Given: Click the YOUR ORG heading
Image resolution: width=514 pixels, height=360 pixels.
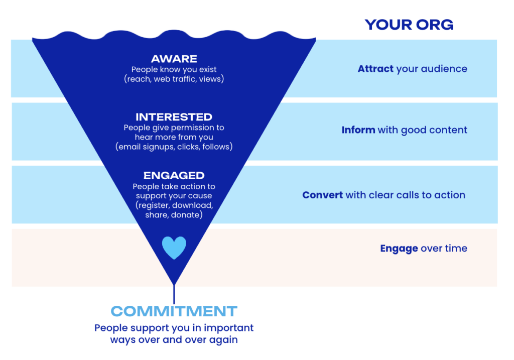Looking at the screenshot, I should [409, 25].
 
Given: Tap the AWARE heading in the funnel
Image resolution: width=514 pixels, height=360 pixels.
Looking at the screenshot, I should [174, 59].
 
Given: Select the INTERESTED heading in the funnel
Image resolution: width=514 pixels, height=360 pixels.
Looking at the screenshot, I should [174, 117].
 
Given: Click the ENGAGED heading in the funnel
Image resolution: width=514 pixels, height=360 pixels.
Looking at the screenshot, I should [174, 176].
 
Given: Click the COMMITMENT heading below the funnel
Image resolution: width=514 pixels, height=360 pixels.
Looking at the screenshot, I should [174, 311].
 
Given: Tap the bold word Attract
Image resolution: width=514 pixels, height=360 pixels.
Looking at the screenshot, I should [375, 69].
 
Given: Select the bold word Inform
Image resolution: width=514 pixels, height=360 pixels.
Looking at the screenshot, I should [358, 130].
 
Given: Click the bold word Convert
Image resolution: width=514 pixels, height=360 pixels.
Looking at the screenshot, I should [323, 195].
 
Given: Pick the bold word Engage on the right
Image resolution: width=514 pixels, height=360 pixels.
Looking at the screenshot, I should [399, 248].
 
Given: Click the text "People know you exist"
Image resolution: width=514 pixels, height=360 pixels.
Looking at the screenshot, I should [174, 70].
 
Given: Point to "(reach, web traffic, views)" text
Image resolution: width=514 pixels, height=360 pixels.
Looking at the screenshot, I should [174, 79].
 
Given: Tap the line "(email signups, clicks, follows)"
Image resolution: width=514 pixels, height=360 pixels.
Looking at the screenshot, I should [174, 147].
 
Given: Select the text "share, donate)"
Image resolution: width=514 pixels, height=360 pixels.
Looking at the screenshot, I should [174, 214].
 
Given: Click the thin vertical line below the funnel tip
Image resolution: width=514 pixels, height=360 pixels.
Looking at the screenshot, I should [174, 294].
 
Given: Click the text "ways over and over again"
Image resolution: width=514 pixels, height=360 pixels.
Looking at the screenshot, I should [174, 339].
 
